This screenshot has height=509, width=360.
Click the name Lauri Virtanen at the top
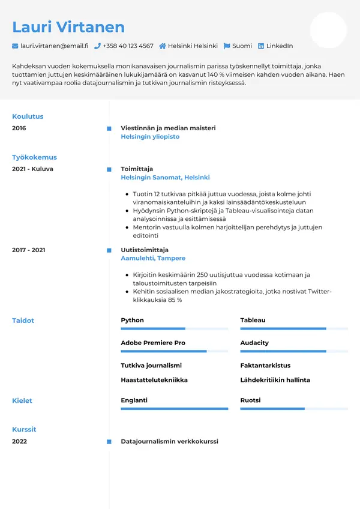click(x=68, y=27)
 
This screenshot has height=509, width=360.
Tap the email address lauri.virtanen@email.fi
click(x=54, y=46)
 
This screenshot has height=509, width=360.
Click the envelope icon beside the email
click(x=15, y=46)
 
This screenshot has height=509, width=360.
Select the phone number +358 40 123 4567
click(x=128, y=46)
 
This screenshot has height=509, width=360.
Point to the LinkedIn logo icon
click(x=261, y=46)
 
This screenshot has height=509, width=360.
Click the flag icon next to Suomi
click(x=227, y=46)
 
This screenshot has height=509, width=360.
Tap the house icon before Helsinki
click(x=163, y=46)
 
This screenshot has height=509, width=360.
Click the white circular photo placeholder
click(x=328, y=30)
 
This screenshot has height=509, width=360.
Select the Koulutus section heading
click(x=28, y=116)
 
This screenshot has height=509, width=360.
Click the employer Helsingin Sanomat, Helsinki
click(x=165, y=178)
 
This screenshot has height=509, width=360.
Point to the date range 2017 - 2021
click(x=28, y=250)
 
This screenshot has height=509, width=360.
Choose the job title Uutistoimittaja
click(x=145, y=250)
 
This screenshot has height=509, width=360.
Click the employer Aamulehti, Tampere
click(x=153, y=258)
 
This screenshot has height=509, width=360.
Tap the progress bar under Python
click(x=174, y=329)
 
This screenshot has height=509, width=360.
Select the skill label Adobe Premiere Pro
click(x=153, y=343)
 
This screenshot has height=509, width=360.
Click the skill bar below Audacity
click(x=294, y=351)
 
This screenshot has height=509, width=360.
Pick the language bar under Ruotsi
click(x=294, y=409)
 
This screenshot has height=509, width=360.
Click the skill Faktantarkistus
click(x=265, y=365)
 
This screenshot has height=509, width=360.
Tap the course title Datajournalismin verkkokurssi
click(x=169, y=441)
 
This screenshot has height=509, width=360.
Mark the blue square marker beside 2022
click(x=109, y=442)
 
